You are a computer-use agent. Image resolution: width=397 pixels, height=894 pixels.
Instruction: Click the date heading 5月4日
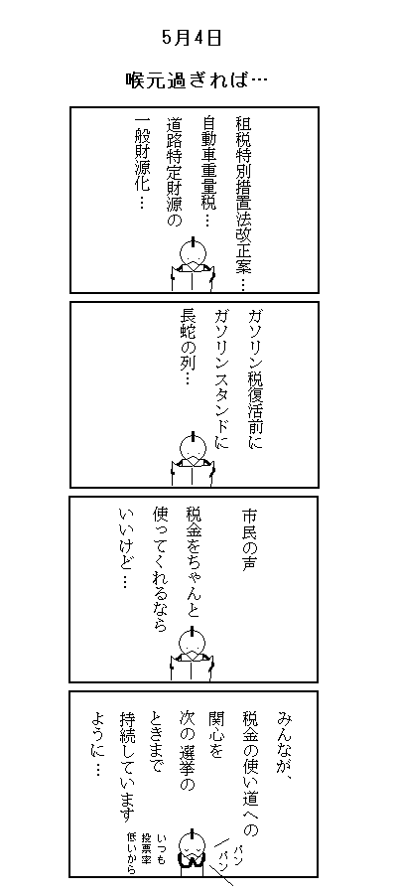(x=192, y=38)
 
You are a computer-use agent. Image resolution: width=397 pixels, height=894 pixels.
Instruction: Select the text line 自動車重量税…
(x=209, y=171)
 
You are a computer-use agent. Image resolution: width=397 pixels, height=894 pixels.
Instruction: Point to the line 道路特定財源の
(x=175, y=172)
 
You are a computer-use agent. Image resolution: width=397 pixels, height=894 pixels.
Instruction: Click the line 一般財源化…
(x=141, y=164)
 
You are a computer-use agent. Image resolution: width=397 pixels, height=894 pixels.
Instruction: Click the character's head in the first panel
(x=193, y=251)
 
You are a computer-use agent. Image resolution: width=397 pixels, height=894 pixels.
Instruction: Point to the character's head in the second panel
(x=193, y=446)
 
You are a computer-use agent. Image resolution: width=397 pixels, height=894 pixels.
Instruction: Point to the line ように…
(x=94, y=743)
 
